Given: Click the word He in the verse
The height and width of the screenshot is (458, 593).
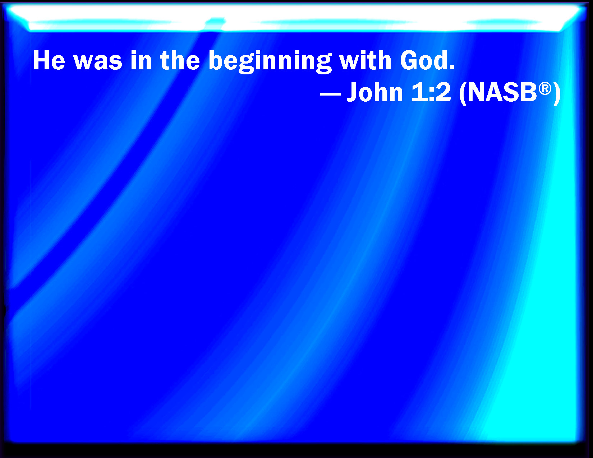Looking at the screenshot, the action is pos(49,60).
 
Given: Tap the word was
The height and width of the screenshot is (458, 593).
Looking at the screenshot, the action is pos(98,63).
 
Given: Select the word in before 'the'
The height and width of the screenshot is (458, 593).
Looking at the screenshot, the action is pos(141,60).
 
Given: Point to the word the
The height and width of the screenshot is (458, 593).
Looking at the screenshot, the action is pos(180,60).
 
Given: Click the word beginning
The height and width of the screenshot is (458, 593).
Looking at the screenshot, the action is pos(270,63).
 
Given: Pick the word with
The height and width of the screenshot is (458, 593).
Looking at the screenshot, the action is pos(366,60).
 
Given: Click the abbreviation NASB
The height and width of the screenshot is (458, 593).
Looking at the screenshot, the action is pos(503,92).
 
